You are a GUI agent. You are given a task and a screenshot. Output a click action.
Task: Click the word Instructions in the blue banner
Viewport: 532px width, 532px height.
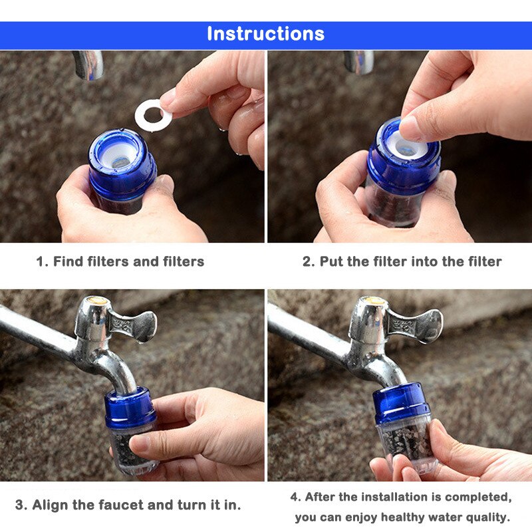(x=265, y=34)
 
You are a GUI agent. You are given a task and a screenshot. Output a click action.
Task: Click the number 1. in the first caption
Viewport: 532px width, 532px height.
(x=41, y=261)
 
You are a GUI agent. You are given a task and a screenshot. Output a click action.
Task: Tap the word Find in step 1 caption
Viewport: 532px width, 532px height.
(x=68, y=261)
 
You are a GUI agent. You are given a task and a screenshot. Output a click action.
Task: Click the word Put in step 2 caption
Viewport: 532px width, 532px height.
(x=331, y=261)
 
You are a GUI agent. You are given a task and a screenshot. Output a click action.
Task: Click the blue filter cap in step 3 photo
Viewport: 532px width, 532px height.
(x=130, y=407)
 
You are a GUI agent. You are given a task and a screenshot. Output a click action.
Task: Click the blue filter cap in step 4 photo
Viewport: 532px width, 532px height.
(x=400, y=402)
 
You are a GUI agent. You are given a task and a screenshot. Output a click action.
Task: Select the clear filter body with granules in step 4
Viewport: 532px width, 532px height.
(x=404, y=442)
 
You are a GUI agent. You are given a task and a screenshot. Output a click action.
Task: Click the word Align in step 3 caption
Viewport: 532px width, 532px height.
(x=53, y=505)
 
